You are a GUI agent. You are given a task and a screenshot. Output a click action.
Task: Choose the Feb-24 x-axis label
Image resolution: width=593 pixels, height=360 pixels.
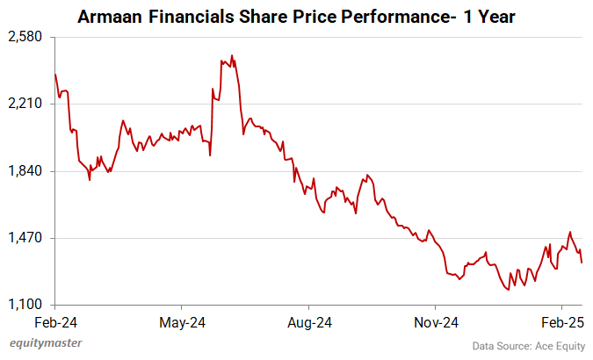[x=54, y=321]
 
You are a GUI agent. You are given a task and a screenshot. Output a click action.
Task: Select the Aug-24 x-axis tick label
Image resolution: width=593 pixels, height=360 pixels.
[x=309, y=321]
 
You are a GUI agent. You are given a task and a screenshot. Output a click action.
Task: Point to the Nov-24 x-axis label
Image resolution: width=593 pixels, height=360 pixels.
[x=437, y=321]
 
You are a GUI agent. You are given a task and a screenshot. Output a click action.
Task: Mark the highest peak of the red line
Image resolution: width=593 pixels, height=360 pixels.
[x=231, y=55]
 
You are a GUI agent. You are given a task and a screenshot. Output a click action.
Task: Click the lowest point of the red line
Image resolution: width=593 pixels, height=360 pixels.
[x=507, y=290]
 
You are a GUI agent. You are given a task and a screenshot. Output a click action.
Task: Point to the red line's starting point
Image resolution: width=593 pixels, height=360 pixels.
[x=54, y=74]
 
